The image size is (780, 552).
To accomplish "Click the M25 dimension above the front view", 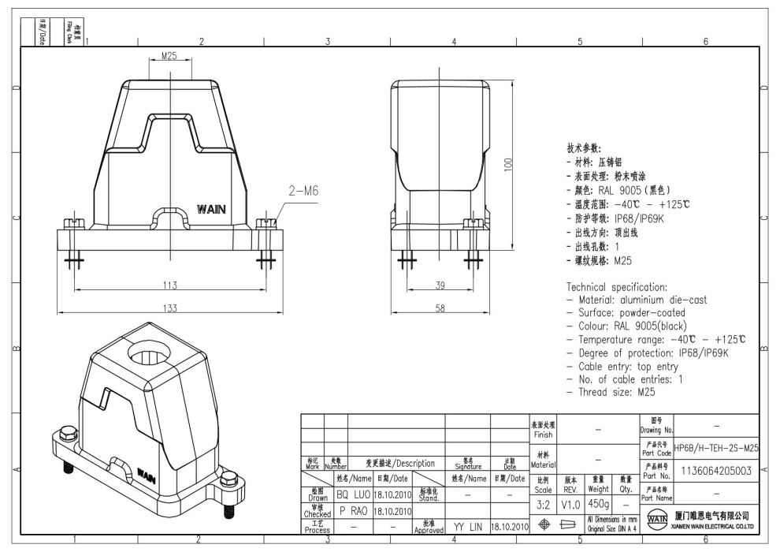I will (x=169, y=56).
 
